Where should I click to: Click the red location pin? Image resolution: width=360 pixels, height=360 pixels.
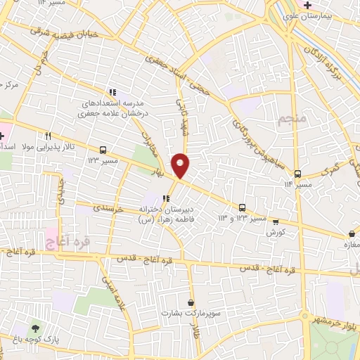(x=181, y=165)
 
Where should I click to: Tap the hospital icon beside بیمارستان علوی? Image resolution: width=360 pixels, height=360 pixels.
(x=308, y=6)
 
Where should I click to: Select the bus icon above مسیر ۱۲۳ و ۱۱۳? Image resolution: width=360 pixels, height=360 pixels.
(x=243, y=207)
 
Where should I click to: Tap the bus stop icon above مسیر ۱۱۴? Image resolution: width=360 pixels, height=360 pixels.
(x=298, y=174)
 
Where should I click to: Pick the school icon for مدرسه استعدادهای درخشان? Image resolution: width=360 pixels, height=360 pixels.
(x=112, y=92)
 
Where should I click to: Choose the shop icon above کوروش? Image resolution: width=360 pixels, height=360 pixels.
(x=275, y=220)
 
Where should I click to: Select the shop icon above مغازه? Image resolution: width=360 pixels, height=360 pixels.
(x=351, y=234)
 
